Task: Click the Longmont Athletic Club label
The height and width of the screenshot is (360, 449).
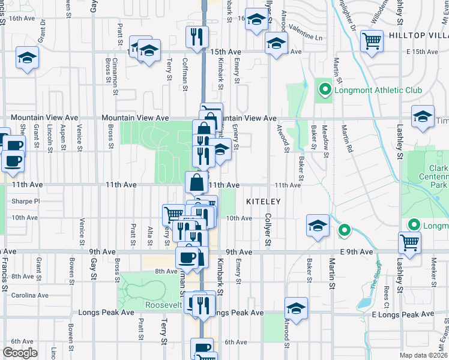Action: (379, 91)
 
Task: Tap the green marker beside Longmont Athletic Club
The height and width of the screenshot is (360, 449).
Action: (325, 91)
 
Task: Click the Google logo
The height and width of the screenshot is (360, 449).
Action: (20, 353)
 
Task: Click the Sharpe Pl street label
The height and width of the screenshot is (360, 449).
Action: (25, 202)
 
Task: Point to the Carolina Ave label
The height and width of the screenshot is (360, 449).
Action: (29, 295)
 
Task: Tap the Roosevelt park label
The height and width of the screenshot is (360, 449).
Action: (163, 305)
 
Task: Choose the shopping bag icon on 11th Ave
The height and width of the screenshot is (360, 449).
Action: (197, 182)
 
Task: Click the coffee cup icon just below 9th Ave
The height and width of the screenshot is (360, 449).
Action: (187, 257)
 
